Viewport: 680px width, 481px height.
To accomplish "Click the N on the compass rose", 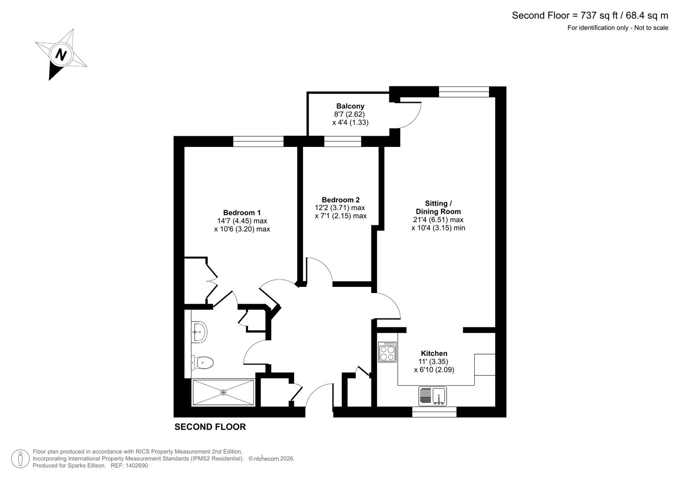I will click(x=61, y=54).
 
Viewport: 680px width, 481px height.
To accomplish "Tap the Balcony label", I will click(x=350, y=106).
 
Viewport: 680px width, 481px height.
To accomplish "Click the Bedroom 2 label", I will click(x=341, y=200).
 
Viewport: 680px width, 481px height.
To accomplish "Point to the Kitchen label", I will click(x=434, y=353).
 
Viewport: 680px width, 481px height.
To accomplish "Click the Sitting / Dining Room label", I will click(x=438, y=208).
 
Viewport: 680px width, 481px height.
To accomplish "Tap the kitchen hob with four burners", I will click(x=387, y=352).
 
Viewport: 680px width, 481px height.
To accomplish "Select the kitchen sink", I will click(x=432, y=395).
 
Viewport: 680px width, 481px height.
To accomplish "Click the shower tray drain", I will click(x=223, y=392).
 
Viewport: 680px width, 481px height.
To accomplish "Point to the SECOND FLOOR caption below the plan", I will click(x=210, y=427).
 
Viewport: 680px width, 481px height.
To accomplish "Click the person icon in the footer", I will click(x=20, y=459).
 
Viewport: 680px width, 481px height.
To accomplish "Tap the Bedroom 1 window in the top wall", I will click(x=258, y=142).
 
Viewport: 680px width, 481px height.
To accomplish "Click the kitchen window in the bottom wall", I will click(x=434, y=412).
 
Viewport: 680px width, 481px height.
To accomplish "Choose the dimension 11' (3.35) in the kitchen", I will click(x=433, y=362).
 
